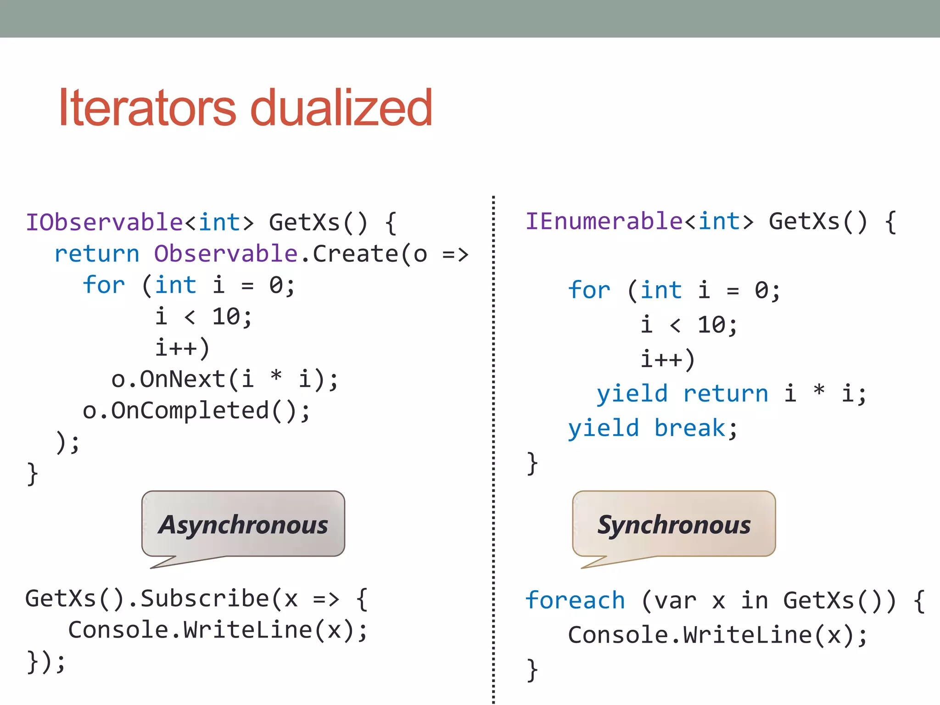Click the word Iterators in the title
(x=147, y=108)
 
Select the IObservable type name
(x=105, y=223)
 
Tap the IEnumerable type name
(x=604, y=222)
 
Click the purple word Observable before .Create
(x=226, y=254)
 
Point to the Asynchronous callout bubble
(x=243, y=525)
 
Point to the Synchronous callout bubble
(x=674, y=525)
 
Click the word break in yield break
(x=689, y=428)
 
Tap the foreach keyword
(x=575, y=601)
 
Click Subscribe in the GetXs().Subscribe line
(x=205, y=599)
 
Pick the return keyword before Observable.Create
(x=97, y=254)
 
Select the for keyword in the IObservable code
(x=104, y=285)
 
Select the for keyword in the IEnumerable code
(x=589, y=291)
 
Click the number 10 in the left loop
(x=226, y=317)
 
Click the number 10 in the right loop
(x=711, y=325)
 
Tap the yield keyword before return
(x=632, y=394)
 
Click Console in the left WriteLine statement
(x=118, y=630)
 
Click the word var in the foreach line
(x=676, y=601)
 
